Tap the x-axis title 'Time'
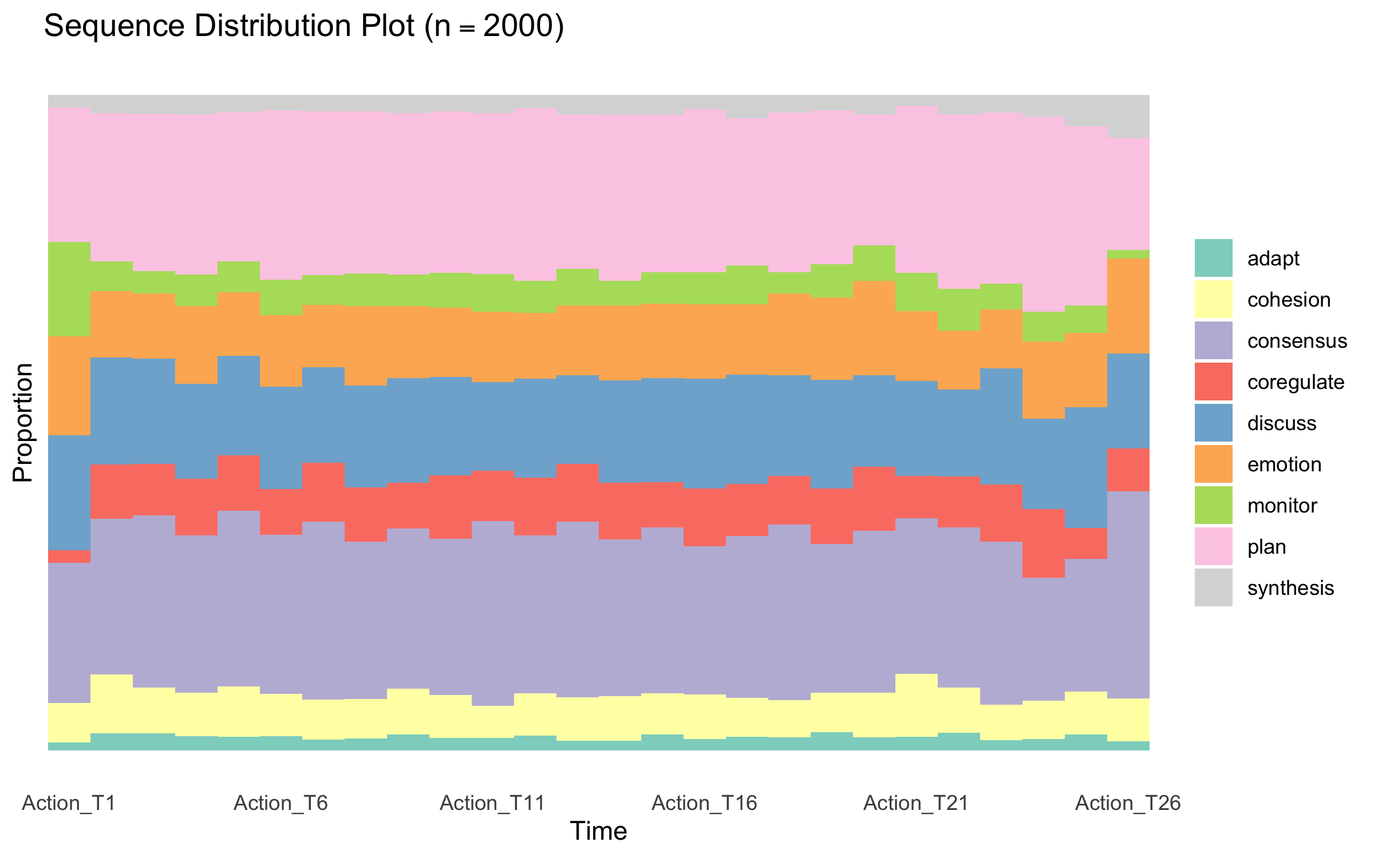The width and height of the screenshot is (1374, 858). click(598, 831)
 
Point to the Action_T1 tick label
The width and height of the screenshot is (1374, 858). click(69, 803)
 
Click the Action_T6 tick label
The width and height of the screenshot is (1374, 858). click(281, 803)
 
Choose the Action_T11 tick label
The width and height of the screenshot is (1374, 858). click(492, 803)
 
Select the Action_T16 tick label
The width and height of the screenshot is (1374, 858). click(704, 803)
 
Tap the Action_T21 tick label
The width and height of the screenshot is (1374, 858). click(916, 803)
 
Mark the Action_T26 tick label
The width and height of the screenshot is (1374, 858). click(1128, 803)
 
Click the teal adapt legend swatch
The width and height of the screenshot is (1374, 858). click(1213, 258)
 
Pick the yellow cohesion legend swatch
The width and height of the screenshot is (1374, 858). click(1213, 299)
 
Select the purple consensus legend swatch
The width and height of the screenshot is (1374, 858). click(1213, 340)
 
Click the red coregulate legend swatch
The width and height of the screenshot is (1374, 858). click(1213, 382)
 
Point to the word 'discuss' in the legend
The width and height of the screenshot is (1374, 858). click(1282, 423)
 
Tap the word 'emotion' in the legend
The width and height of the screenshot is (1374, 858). click(1284, 464)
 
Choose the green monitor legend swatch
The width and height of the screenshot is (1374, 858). click(1213, 505)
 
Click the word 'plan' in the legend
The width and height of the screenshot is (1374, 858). click(1266, 547)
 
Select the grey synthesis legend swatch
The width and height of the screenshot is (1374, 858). click(1213, 587)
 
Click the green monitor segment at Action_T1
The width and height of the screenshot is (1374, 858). click(69, 289)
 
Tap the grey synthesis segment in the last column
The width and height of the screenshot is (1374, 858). click(1128, 116)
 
